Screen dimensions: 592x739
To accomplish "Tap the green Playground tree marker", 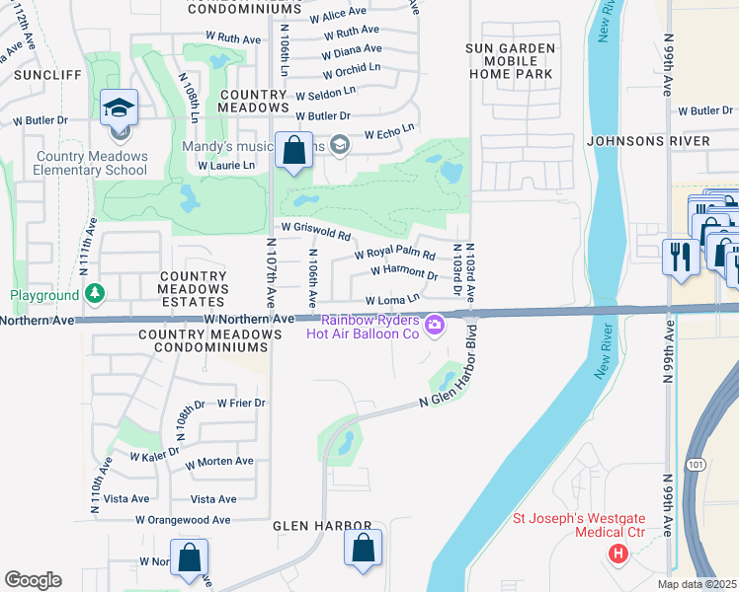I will tap(94, 294).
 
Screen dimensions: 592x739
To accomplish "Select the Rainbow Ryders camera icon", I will tap(433, 324).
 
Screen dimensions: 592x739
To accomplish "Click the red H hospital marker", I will tap(618, 555).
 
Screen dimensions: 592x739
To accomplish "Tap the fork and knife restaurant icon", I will tap(679, 257).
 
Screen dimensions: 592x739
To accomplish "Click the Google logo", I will tap(33, 580).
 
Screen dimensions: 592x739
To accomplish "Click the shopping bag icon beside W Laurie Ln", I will tap(293, 151).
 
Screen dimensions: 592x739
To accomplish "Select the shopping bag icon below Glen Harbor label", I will tap(363, 550).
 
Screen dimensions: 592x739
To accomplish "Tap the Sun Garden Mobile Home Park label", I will tap(509, 60).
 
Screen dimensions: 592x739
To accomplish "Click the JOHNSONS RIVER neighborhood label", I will tap(647, 141).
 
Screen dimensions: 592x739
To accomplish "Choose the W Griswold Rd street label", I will tap(316, 233).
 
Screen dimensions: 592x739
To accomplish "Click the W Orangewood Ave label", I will tap(183, 520).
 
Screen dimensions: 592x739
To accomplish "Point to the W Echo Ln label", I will tap(389, 132).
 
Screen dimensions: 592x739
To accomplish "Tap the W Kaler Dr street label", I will tap(154, 453).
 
